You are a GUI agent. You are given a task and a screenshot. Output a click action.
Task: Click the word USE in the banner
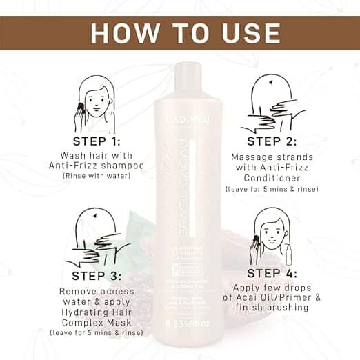click(x=244, y=33)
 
